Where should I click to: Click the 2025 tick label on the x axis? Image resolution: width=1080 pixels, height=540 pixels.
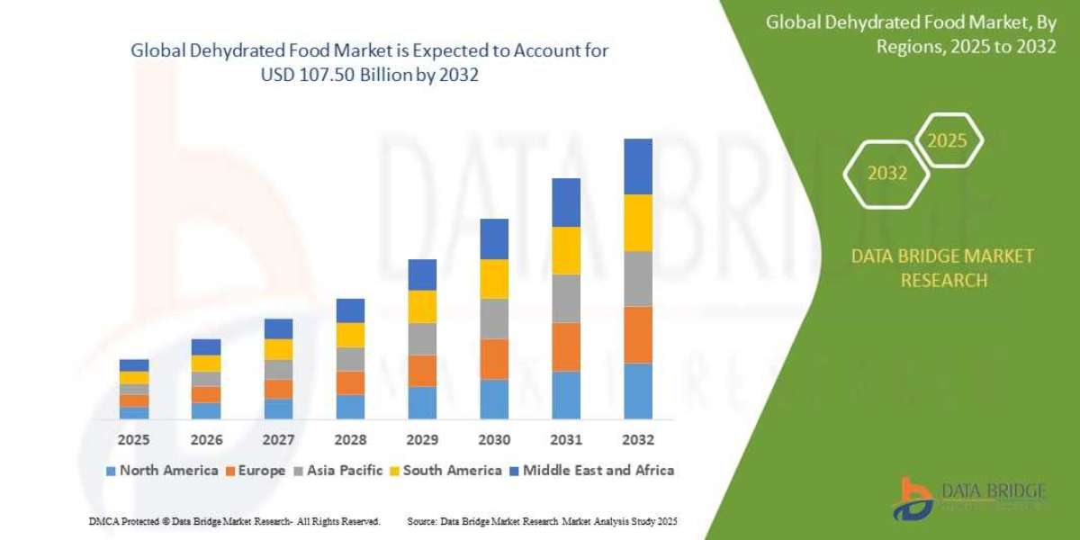[x=133, y=440]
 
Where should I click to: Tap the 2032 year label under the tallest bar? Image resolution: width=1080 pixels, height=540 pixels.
[x=637, y=440]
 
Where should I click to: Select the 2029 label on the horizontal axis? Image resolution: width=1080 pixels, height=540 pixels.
[x=422, y=440]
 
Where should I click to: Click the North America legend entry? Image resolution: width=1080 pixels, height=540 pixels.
[x=162, y=470]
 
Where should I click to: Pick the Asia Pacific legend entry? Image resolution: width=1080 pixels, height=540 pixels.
[x=341, y=470]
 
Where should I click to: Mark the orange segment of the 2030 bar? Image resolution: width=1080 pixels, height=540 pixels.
[x=494, y=358]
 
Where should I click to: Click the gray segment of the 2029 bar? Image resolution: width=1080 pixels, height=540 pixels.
[x=422, y=338]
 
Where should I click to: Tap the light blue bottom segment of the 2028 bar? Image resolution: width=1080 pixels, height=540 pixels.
[x=350, y=407]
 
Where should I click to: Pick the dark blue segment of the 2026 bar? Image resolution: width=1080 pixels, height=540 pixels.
[x=206, y=346]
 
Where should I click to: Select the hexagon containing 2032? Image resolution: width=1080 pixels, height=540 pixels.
[x=886, y=174]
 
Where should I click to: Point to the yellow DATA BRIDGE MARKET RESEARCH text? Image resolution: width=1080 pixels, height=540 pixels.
[x=942, y=268]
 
